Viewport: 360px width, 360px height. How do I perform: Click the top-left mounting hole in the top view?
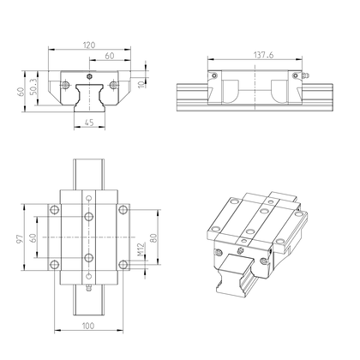56,209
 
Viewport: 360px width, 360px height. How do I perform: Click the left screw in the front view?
63,85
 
